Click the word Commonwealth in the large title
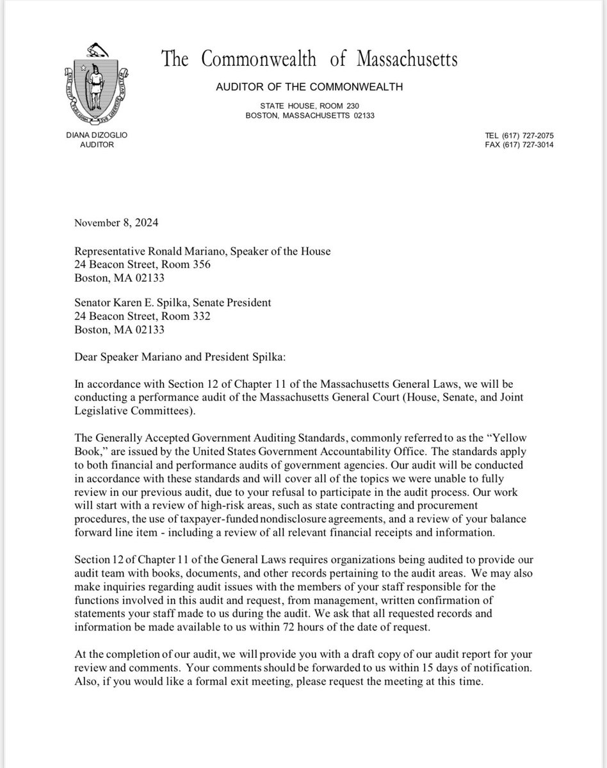coord(259,60)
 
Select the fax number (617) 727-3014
coord(529,145)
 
